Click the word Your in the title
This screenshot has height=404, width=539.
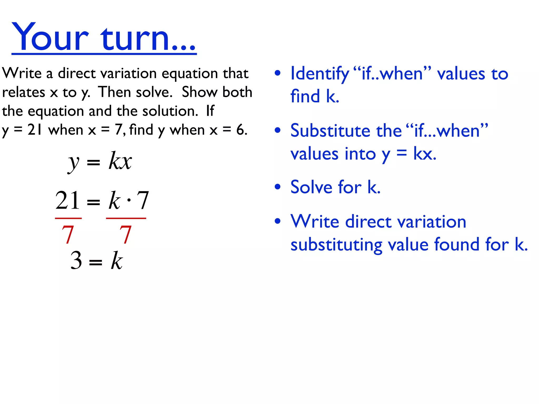[x=50, y=37]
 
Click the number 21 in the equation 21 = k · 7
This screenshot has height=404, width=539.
[x=67, y=200]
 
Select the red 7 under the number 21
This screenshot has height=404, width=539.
[x=68, y=234]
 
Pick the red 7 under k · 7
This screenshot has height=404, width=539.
[x=126, y=234]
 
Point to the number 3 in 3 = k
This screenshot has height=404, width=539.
[x=76, y=260]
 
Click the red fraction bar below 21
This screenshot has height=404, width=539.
[x=68, y=218]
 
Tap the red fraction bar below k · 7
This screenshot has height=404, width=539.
[x=126, y=218]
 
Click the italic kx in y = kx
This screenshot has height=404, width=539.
[x=120, y=161]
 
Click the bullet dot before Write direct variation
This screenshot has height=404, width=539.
[x=277, y=221]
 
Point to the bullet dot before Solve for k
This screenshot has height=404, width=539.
[x=277, y=187]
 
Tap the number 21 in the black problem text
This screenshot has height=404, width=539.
[x=35, y=130]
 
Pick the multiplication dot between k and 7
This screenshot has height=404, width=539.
[x=129, y=200]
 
